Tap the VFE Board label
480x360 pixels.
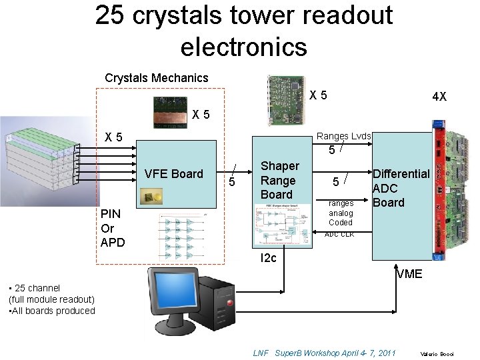pos(173,174)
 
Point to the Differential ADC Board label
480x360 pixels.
pos(400,188)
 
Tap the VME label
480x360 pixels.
pos(409,273)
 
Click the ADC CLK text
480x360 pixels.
pos(339,235)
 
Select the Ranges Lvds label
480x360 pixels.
pos(343,136)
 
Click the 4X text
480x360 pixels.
pos(439,97)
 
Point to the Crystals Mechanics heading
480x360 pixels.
pos(156,78)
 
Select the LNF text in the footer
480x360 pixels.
pos(261,353)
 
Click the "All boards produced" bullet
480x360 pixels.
pos(51,311)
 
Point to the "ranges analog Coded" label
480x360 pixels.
pos(340,213)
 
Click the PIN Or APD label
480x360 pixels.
pos(112,228)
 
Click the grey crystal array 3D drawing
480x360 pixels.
pos(40,157)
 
